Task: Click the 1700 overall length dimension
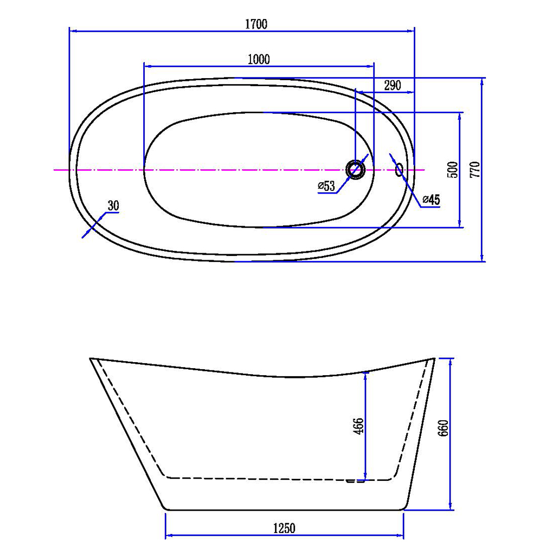pyautogui.click(x=256, y=24)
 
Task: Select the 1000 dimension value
pyautogui.click(x=259, y=60)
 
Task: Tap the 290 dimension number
pyautogui.click(x=393, y=85)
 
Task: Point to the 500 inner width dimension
pyautogui.click(x=454, y=170)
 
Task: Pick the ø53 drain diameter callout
pyautogui.click(x=326, y=186)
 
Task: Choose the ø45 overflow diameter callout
pyautogui.click(x=431, y=200)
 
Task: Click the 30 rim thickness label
pyautogui.click(x=113, y=205)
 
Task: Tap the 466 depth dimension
pyautogui.click(x=358, y=426)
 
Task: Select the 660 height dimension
pyautogui.click(x=443, y=428)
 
